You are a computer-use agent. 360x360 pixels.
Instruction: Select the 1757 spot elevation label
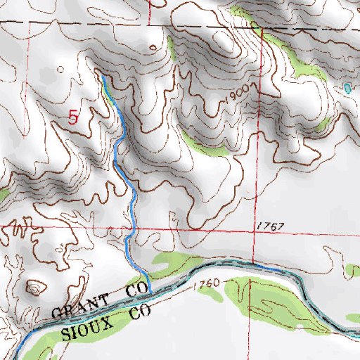(269, 226)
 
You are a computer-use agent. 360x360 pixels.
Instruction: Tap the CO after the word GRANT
(137, 290)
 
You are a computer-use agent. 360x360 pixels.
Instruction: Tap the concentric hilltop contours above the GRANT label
(34, 287)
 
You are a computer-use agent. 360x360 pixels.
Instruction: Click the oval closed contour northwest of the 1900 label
(154, 48)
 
